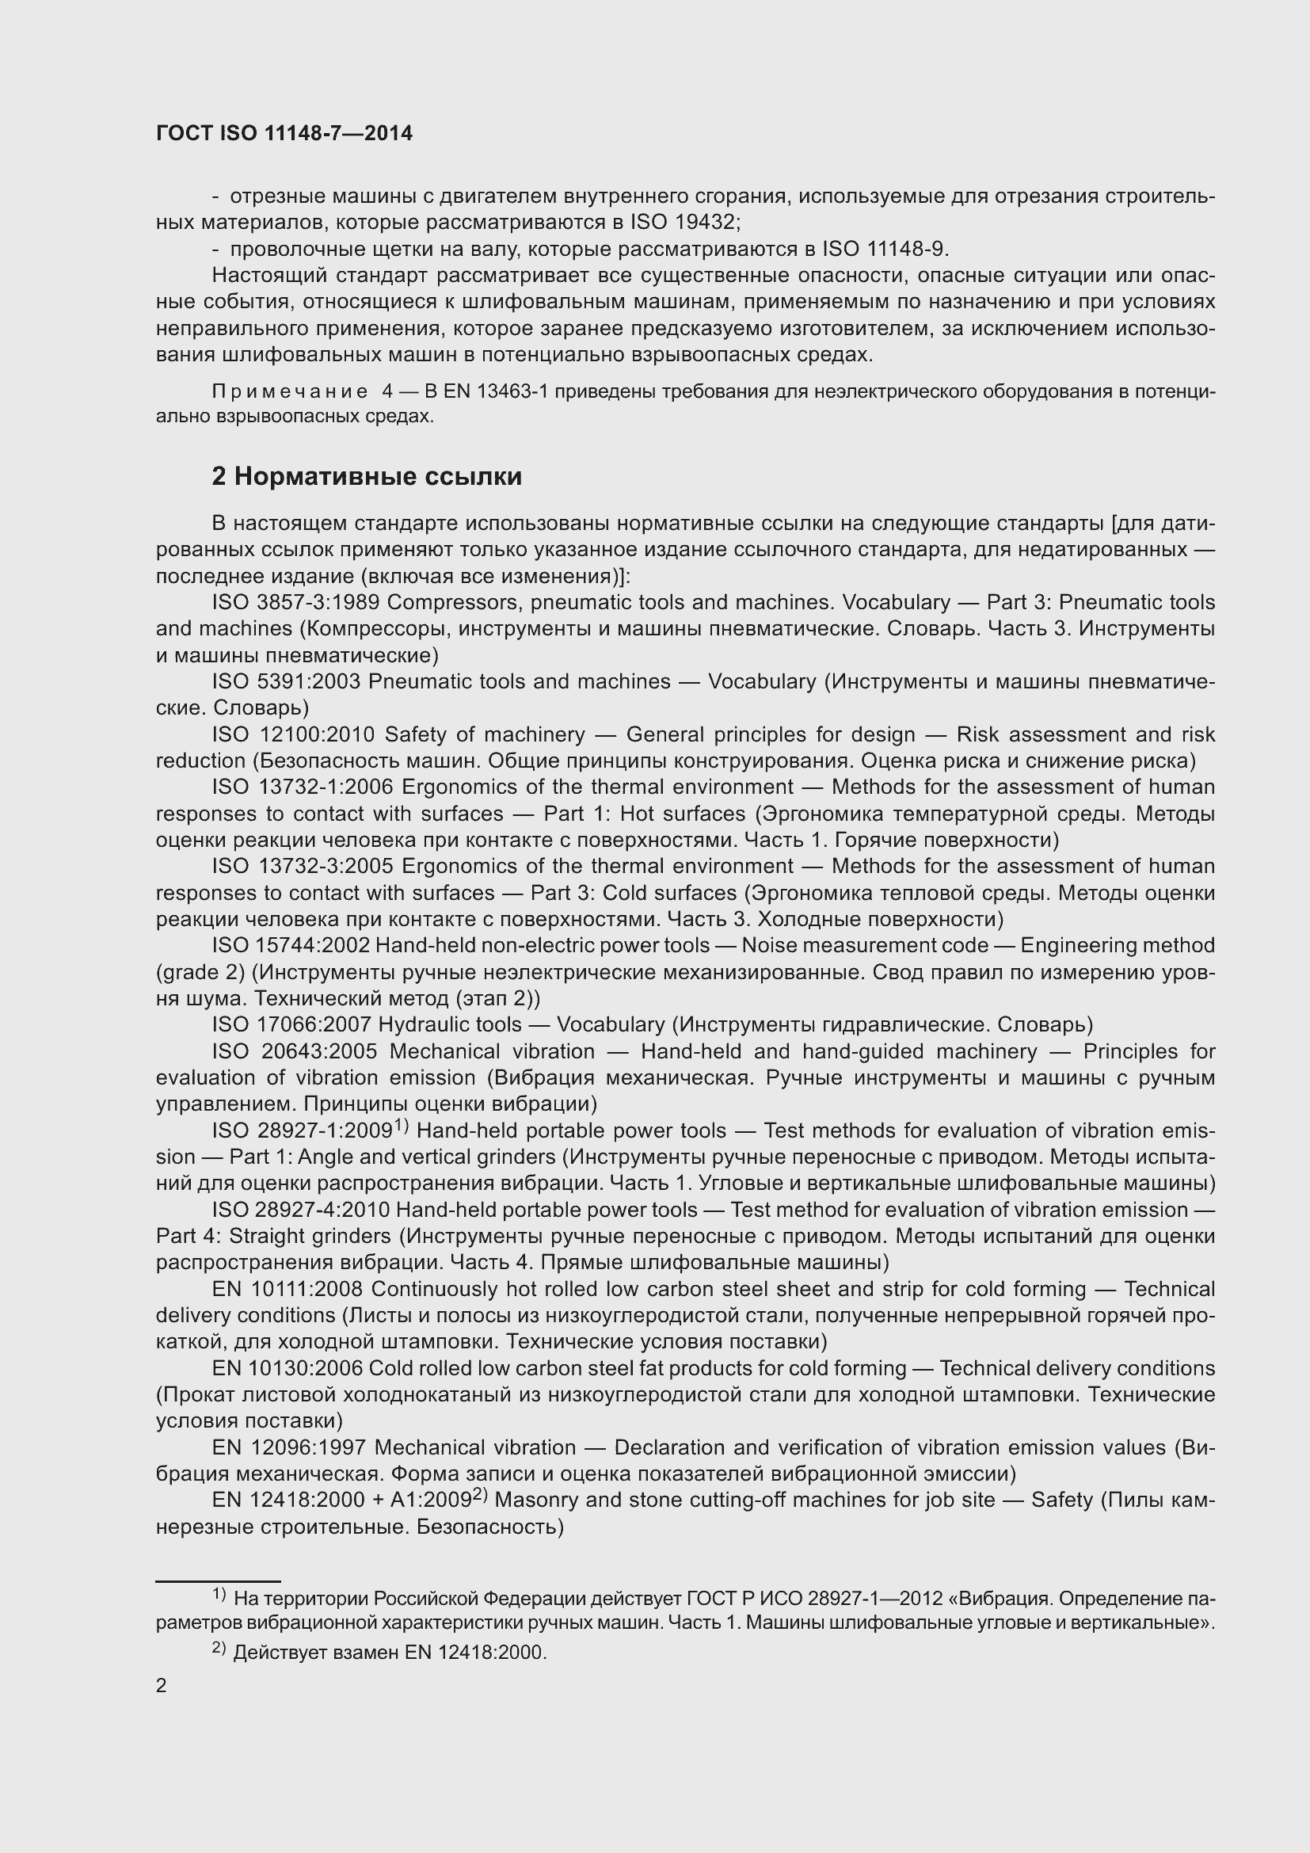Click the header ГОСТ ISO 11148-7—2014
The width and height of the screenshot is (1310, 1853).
pyautogui.click(x=284, y=133)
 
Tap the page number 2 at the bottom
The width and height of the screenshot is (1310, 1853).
pyautogui.click(x=162, y=1686)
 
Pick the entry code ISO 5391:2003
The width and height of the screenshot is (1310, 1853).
pyautogui.click(x=286, y=682)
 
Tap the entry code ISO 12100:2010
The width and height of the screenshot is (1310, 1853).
pyautogui.click(x=295, y=735)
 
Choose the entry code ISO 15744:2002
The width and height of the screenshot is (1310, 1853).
pyautogui.click(x=290, y=946)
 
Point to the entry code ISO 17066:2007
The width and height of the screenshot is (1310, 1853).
pyautogui.click(x=291, y=1025)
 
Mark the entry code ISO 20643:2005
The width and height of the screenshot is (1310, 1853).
pyautogui.click(x=296, y=1051)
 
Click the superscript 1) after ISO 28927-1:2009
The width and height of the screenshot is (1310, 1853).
pyautogui.click(x=401, y=1127)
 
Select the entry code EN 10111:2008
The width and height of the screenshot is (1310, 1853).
pyautogui.click(x=288, y=1290)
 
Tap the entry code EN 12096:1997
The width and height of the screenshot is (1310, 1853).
pyautogui.click(x=289, y=1448)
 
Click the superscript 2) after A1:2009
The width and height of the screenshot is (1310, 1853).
pyautogui.click(x=480, y=1497)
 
